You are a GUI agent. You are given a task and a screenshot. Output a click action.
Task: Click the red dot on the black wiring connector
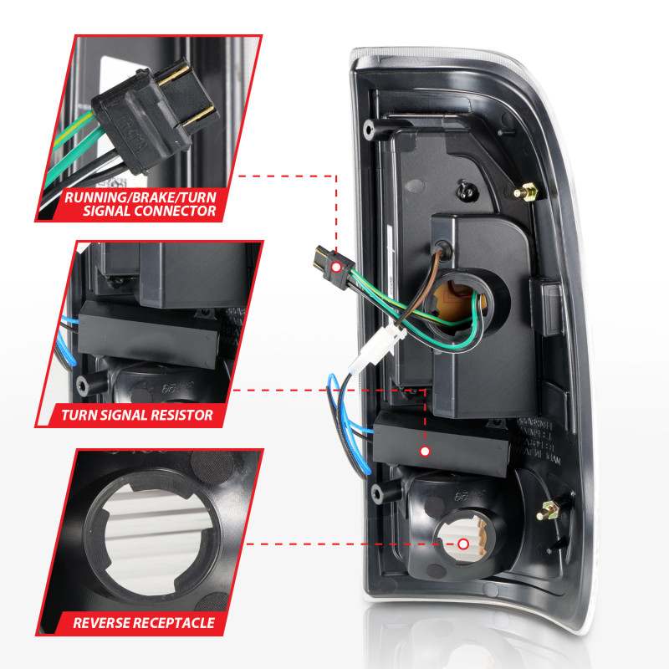point(335,266)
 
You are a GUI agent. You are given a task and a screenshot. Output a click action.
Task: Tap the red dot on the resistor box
point(425,452)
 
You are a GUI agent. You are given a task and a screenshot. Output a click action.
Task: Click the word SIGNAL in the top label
point(109,211)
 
